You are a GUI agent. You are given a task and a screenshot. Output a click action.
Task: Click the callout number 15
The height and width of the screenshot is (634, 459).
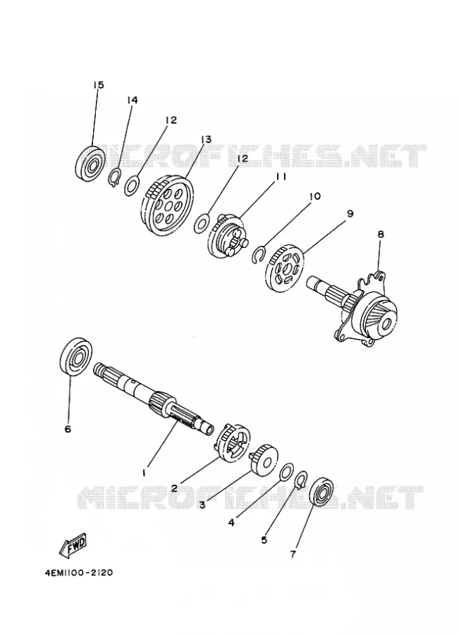coord(99,85)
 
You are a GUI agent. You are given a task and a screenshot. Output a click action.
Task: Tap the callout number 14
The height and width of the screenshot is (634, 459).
coord(132,99)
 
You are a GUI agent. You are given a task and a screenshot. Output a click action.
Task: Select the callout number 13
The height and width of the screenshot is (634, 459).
coord(206,139)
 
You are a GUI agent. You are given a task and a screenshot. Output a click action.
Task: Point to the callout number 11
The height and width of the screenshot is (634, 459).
coord(282,177)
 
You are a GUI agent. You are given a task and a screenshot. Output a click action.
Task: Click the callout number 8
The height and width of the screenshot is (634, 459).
coord(381,234)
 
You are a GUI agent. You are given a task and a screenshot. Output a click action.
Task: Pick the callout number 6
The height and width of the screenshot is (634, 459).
coord(68,428)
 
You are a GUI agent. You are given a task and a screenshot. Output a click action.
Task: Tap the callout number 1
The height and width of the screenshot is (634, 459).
coord(143,472)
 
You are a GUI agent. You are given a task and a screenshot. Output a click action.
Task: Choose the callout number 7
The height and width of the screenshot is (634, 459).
coord(293,554)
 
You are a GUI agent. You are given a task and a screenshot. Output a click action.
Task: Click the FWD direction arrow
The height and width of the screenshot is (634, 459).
coord(73,544)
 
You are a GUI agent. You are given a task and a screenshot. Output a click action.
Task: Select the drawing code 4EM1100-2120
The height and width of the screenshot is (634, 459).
coord(80,573)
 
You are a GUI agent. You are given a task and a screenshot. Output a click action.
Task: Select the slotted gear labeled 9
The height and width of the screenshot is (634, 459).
coord(286,268)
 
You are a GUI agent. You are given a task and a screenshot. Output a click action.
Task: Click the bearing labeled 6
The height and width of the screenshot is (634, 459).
coord(76,356)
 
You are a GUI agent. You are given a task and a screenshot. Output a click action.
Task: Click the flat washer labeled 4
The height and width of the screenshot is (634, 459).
coord(287,471)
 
